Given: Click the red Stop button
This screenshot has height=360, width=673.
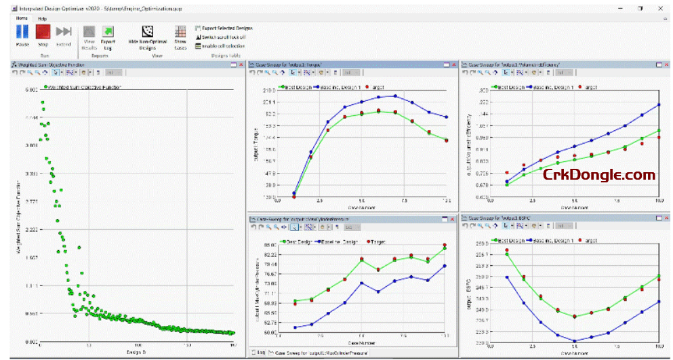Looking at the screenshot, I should pos(43,32).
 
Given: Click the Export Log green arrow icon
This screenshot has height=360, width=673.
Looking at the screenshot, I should pos(108,32).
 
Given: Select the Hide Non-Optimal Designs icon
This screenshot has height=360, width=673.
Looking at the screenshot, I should pos(146,32).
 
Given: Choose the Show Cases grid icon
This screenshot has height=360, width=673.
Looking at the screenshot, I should pos(180,32).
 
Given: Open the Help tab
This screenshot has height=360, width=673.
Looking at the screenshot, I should pos(42,19).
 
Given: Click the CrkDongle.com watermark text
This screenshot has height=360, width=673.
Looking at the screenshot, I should pos(599,175).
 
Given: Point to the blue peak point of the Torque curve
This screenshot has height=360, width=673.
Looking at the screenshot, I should pos(395,96).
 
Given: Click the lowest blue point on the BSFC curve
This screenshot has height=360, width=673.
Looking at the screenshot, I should pos(575,341).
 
